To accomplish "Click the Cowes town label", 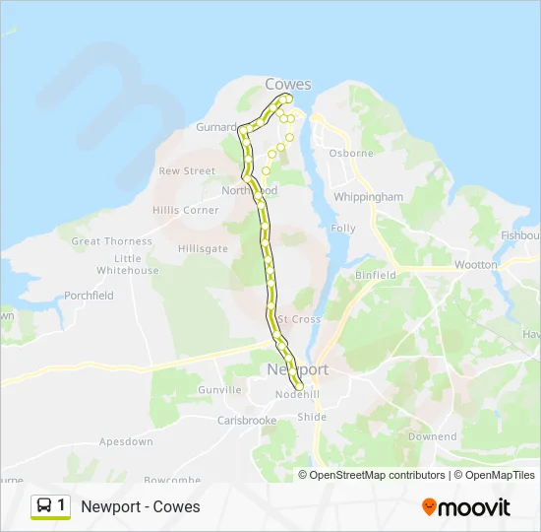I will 288,84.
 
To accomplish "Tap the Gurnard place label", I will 215,127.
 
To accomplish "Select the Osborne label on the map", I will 351,153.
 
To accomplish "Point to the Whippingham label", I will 369,197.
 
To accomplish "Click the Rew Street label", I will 187,170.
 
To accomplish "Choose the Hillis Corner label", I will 186,210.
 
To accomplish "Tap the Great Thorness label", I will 112,241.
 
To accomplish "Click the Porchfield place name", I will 89,296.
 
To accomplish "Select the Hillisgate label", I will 203,249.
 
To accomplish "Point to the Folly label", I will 343,229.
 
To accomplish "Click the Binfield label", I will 375,276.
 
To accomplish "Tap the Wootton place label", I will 476,265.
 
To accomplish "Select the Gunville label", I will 219,390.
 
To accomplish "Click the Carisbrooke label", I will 247,420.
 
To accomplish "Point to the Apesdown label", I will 126,442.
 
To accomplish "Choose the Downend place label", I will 432,436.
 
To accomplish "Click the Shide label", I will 312,417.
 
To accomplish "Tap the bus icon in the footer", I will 44,506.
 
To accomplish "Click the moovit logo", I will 466,507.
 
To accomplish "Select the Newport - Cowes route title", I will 141,507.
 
